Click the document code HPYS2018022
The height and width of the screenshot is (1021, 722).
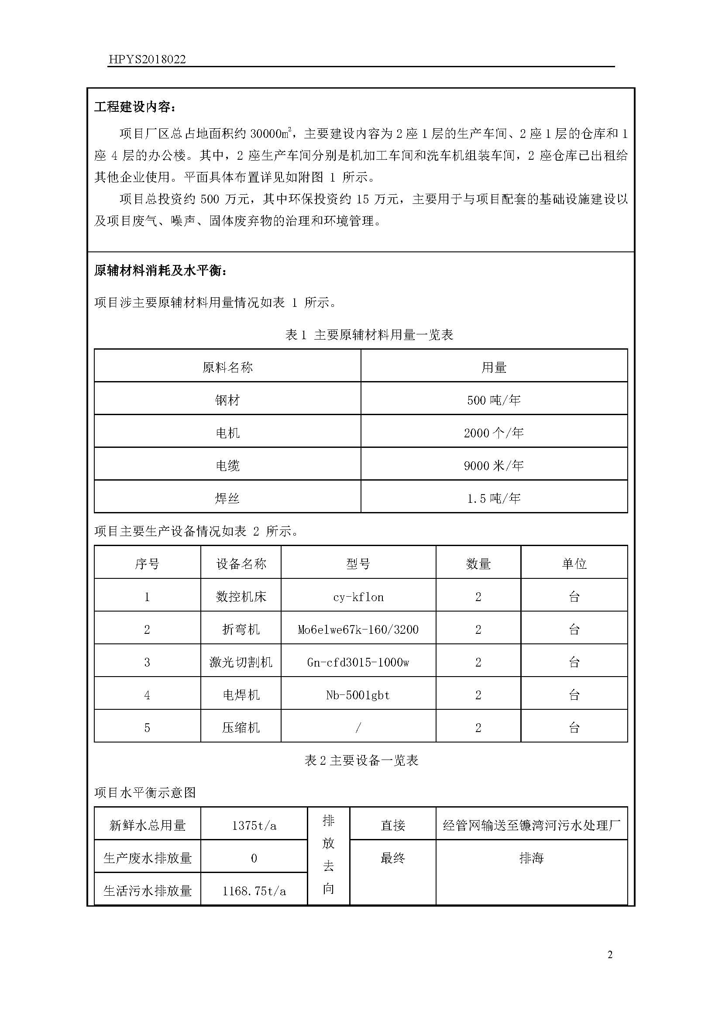147,60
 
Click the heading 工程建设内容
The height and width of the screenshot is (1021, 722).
135,107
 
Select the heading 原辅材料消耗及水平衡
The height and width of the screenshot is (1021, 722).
161,270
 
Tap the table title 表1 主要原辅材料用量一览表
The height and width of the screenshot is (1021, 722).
369,335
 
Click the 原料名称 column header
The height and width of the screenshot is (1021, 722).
227,367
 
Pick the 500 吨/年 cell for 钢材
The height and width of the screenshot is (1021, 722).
494,400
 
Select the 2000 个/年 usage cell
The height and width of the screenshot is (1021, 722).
494,433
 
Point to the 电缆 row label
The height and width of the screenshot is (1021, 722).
227,466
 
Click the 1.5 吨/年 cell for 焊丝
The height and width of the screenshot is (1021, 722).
494,498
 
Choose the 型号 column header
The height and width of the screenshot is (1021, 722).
358,564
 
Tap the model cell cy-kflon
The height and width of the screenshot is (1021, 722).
358,597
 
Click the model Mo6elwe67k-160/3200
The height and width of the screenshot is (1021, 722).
358,630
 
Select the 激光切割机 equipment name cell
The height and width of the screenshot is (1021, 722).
241,663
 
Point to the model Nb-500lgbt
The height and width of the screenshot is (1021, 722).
358,695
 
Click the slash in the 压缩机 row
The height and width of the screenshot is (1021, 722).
358,728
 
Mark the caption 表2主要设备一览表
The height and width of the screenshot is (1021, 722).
361,760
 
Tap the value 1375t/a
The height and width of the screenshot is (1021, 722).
254,826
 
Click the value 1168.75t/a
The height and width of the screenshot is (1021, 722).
254,891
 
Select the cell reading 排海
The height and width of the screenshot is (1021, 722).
531,858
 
